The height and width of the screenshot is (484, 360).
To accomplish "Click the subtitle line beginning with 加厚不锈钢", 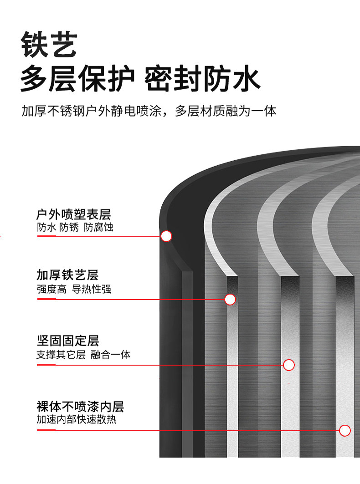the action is click(x=149, y=111).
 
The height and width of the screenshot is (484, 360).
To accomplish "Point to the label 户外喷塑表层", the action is click(x=73, y=214).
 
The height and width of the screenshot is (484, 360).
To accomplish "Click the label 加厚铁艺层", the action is click(x=67, y=275).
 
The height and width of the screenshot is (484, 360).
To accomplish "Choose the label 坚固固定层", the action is click(x=67, y=341).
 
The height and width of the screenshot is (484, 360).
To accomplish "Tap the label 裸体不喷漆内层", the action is click(x=80, y=406).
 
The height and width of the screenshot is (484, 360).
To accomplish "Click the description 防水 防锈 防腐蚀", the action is click(x=75, y=228).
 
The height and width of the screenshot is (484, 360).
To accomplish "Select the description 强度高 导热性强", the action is click(x=74, y=289).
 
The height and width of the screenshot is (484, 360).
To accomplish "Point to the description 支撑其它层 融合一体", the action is click(x=83, y=355).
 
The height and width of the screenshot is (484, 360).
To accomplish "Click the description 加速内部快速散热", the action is click(x=77, y=419).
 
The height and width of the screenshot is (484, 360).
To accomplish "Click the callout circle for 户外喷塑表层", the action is click(x=166, y=236).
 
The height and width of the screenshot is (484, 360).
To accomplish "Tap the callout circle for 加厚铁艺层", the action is click(x=230, y=299).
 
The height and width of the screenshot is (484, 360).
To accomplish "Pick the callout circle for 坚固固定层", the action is click(x=289, y=365).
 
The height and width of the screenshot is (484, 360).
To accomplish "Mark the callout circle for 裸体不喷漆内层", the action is click(x=345, y=430).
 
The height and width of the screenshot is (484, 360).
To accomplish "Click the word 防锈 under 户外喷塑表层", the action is click(x=69, y=228).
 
